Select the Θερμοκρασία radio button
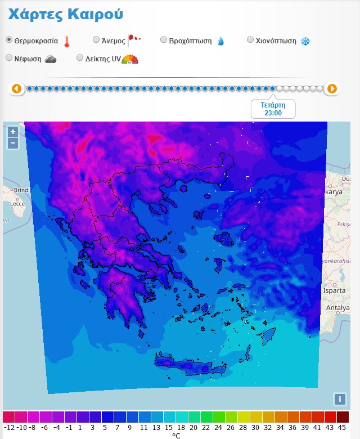click(x=9, y=40)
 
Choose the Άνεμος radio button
click(x=96, y=40)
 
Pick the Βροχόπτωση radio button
click(x=164, y=40)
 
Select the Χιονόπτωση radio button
click(x=251, y=40)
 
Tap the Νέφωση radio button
click(x=9, y=57)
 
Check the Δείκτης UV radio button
click(x=80, y=57)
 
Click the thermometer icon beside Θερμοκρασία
click(x=67, y=41)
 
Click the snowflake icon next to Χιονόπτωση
click(x=305, y=41)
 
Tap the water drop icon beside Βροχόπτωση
click(x=220, y=41)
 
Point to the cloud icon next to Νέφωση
click(x=50, y=59)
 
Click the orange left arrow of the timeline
click(x=16, y=88)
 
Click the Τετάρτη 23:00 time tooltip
click(x=273, y=109)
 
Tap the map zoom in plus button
click(x=13, y=132)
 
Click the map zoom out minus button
click(x=13, y=143)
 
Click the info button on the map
click(x=339, y=399)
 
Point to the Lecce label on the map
click(x=18, y=204)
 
